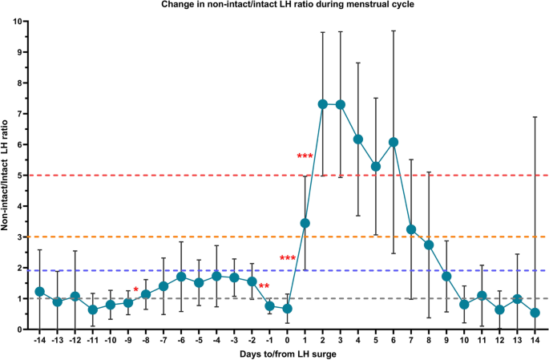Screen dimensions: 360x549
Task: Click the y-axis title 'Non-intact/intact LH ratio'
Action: [7, 174]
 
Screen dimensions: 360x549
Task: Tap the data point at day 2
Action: [323, 104]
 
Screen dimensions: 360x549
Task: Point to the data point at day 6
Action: [394, 142]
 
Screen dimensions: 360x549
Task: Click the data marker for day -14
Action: [40, 292]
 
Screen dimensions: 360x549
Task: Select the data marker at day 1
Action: [305, 223]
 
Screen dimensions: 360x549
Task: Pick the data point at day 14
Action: [535, 313]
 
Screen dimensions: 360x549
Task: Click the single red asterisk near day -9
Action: [136, 290]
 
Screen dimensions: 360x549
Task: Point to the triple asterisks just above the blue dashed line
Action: [288, 258]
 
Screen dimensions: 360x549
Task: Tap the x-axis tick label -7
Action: [163, 340]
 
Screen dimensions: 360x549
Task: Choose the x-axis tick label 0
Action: [288, 340]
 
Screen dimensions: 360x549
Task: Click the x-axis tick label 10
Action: [464, 340]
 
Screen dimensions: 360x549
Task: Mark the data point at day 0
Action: [288, 309]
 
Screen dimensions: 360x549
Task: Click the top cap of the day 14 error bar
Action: [535, 117]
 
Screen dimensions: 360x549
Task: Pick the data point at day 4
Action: [358, 140]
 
